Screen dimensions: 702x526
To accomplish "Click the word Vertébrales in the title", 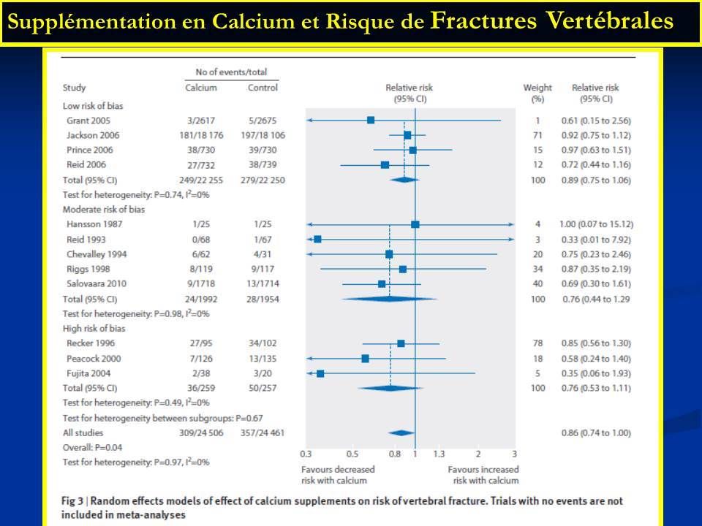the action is (610, 20).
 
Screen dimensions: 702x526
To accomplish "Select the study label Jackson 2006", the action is (93, 135).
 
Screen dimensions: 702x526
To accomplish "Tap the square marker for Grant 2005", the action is (371, 121).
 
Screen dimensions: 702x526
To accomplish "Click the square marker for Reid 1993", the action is (317, 240).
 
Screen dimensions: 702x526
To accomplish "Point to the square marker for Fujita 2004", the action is (320, 373).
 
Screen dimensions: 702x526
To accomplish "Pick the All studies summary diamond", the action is (401, 433).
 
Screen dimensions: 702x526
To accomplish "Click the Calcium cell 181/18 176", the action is (201, 135).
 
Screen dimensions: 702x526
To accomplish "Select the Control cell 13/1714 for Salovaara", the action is (263, 283).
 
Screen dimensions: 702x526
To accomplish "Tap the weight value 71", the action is (537, 135).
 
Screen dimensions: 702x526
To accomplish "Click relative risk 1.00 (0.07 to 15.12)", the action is (597, 224).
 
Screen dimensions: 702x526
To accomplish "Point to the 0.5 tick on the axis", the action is (352, 454).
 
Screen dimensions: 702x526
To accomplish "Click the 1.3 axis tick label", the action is (439, 454).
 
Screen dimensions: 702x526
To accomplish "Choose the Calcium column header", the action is (201, 88).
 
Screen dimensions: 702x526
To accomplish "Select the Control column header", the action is (263, 88).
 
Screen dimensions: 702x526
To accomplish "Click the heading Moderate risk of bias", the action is (103, 210).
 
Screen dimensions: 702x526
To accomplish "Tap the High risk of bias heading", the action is (94, 328).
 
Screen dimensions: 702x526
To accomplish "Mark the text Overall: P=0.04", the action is (92, 447).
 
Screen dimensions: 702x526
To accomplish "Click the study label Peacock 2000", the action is (94, 359).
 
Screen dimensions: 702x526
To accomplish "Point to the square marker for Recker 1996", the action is (401, 343).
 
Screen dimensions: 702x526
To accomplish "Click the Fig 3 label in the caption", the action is (72, 501).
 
